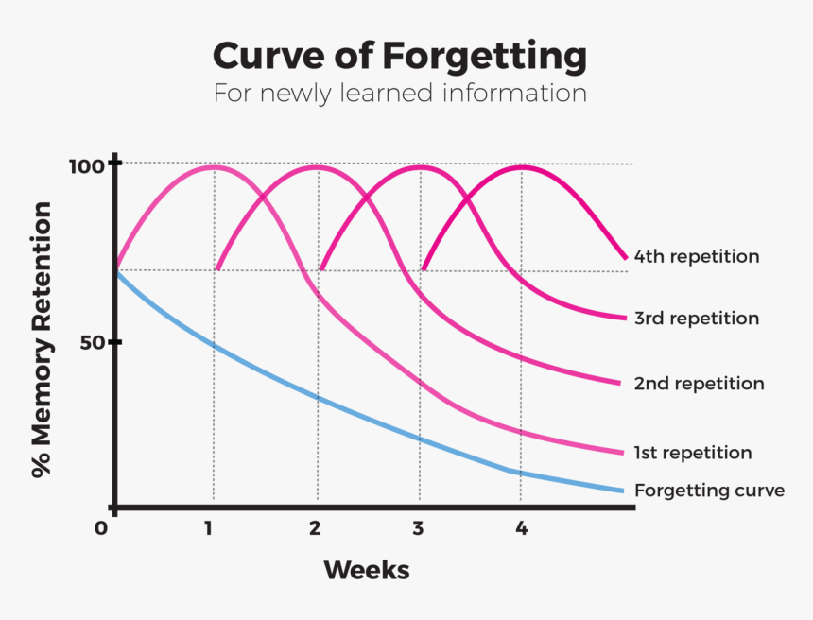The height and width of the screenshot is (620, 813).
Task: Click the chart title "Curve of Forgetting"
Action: pyautogui.click(x=399, y=56)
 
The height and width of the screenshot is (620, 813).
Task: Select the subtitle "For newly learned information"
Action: pyautogui.click(x=399, y=94)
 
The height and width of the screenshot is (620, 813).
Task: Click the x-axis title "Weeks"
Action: pyautogui.click(x=367, y=570)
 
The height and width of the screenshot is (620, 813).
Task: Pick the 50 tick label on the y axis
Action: pyautogui.click(x=91, y=342)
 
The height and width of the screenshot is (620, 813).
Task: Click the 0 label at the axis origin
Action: pyautogui.click(x=101, y=527)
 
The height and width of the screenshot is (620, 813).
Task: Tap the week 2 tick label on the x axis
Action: pyautogui.click(x=315, y=527)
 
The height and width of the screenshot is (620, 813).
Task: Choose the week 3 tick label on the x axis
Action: pyautogui.click(x=418, y=527)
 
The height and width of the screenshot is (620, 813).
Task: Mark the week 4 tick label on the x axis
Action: pyautogui.click(x=521, y=527)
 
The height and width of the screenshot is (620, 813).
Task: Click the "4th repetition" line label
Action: pyautogui.click(x=696, y=256)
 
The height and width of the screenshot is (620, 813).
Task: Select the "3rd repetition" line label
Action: pyautogui.click(x=696, y=319)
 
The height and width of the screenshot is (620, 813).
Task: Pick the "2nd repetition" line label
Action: pyautogui.click(x=699, y=384)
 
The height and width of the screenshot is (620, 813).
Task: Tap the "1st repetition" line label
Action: pyautogui.click(x=693, y=453)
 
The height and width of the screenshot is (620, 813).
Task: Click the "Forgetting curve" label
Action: pyautogui.click(x=709, y=491)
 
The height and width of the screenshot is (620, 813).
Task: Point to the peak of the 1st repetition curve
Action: pyautogui.click(x=214, y=166)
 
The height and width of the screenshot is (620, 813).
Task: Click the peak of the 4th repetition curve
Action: pyautogui.click(x=520, y=166)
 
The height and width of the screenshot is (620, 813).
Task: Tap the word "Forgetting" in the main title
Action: pyautogui.click(x=485, y=56)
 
